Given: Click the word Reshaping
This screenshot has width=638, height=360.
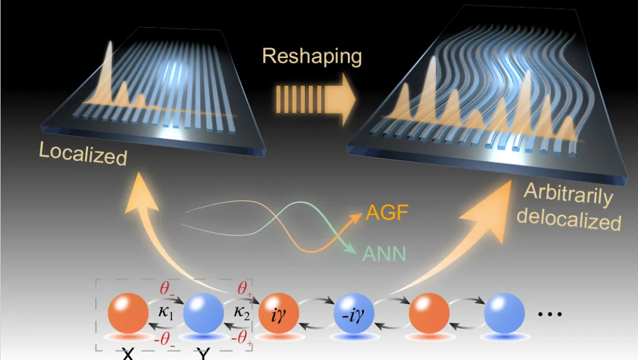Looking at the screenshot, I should click(311, 56).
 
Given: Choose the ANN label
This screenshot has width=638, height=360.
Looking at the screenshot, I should click(384, 254).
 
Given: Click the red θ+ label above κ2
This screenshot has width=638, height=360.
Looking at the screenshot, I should click(243, 290).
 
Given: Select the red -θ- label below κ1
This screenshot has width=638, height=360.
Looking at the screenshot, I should click(166, 339).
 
